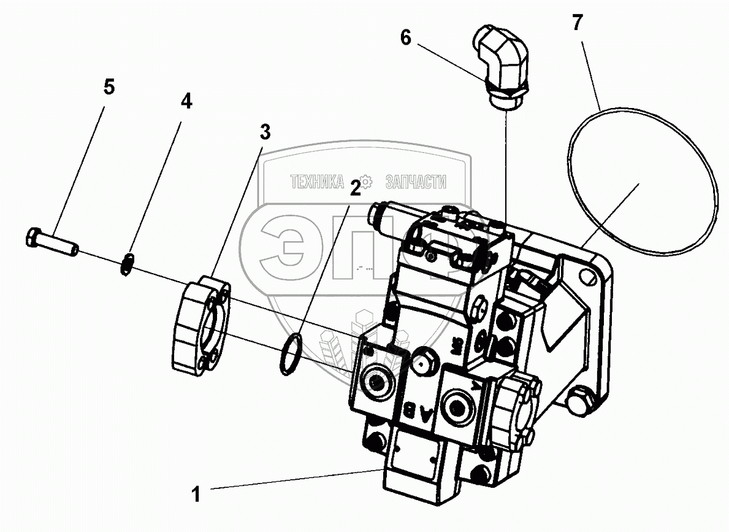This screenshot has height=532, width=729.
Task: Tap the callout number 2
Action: [355, 188]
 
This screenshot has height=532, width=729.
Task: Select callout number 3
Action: [264, 131]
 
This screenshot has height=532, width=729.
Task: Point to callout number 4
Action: [186, 101]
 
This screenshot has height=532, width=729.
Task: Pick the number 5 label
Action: [109, 87]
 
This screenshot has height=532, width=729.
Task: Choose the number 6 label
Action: [406, 37]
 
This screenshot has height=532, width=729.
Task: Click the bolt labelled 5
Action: [52, 241]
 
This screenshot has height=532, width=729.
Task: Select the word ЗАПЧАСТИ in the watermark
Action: [415, 182]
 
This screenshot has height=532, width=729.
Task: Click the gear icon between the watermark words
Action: [366, 182]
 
